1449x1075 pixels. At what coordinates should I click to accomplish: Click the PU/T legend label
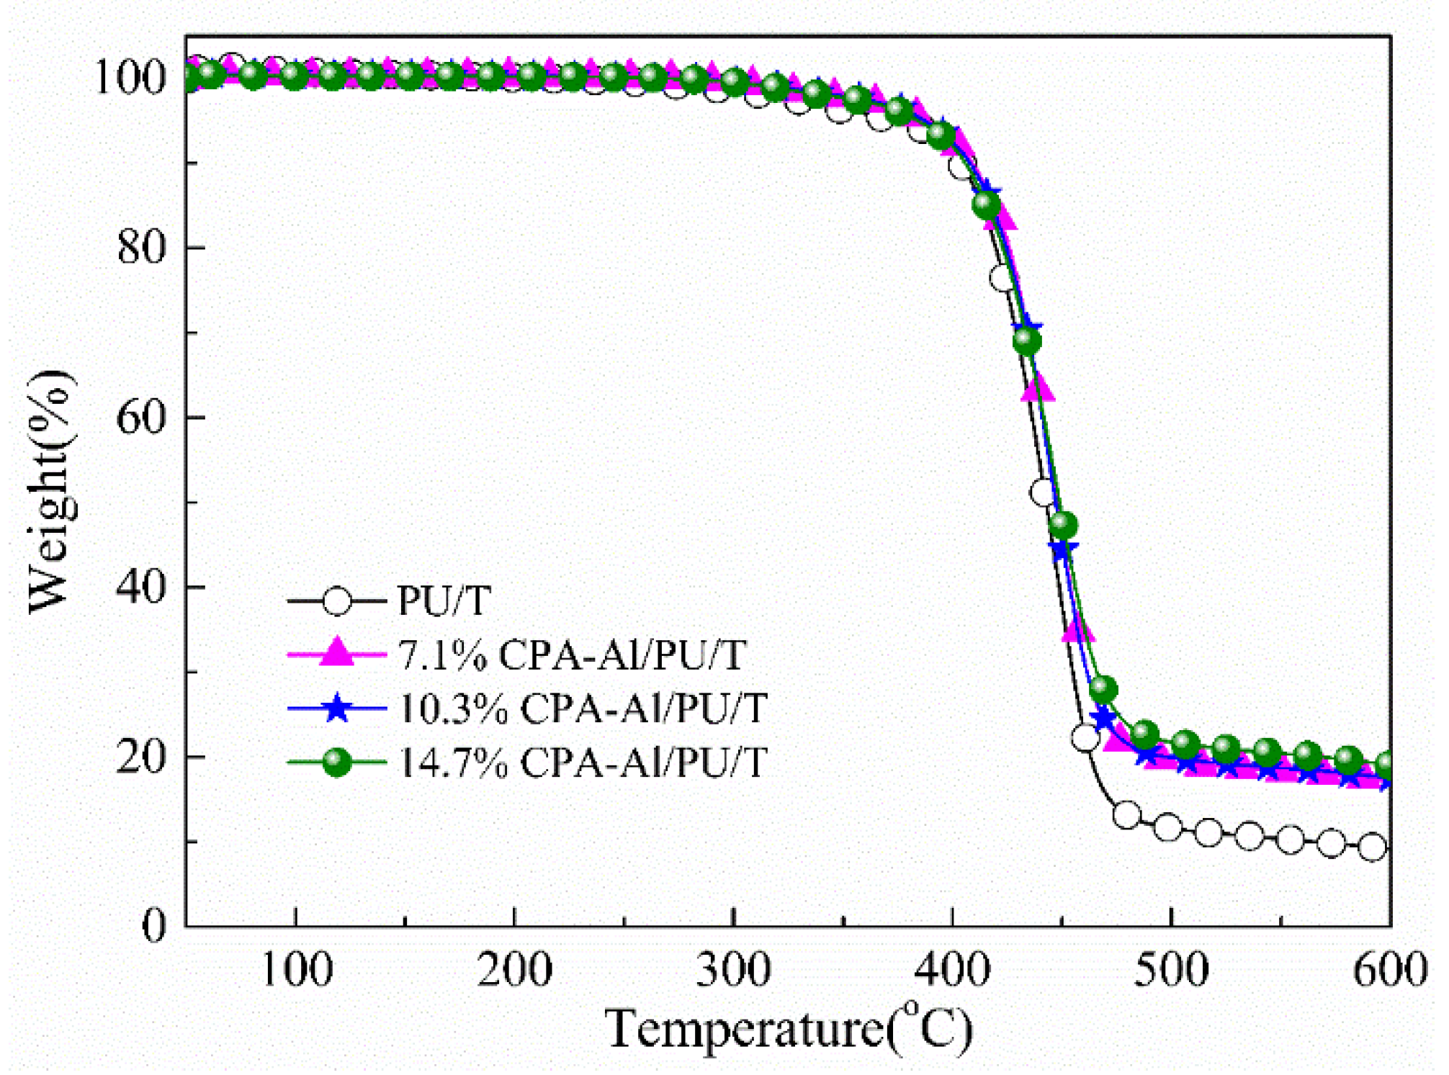[444, 600]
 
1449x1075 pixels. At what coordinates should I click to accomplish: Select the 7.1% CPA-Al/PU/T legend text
[572, 655]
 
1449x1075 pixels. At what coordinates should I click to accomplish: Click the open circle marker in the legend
[336, 601]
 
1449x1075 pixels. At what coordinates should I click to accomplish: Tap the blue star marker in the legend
[336, 709]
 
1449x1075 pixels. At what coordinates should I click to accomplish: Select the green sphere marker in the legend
[336, 763]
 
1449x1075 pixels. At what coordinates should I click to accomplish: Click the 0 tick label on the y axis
[153, 926]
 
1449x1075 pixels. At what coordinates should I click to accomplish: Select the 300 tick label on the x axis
[732, 970]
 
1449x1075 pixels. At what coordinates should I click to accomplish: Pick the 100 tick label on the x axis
[296, 970]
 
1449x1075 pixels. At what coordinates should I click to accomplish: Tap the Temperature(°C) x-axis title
[789, 1027]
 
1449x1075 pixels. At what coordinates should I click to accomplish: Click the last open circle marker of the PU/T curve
[1373, 847]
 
